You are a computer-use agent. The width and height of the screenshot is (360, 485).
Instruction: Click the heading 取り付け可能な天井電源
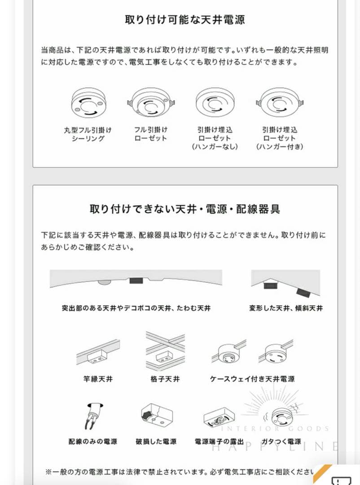(184, 20)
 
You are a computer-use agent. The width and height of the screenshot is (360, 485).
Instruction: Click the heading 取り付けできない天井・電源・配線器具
(184, 209)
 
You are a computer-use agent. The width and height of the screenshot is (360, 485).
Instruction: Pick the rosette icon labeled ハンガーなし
(214, 104)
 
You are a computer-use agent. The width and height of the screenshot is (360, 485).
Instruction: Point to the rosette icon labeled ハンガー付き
(279, 104)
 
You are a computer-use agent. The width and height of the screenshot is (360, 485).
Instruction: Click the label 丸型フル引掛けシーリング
(88, 134)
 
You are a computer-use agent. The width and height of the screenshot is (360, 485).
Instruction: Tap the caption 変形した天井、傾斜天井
(286, 309)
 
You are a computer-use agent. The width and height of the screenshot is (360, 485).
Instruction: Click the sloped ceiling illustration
(285, 283)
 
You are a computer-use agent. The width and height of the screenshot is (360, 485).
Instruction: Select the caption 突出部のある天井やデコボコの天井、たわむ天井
(136, 309)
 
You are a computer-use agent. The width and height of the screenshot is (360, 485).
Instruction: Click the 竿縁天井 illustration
(98, 354)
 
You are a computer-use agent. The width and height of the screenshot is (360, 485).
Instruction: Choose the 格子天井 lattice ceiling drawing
(165, 351)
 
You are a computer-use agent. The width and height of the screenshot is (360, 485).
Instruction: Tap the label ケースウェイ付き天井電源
(252, 379)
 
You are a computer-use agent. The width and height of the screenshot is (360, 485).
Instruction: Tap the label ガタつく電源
(281, 441)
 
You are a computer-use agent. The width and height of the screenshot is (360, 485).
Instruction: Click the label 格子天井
(165, 379)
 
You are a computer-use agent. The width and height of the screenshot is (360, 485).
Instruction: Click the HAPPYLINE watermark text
(274, 446)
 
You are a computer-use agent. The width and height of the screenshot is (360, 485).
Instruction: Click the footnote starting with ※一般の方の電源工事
(180, 472)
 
